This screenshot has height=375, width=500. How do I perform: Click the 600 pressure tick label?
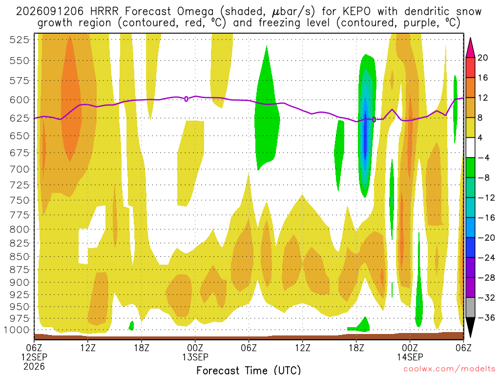click(x=19, y=100)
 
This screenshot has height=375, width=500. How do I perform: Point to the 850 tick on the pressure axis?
click(x=19, y=257)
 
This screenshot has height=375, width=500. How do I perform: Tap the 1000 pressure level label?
click(x=17, y=330)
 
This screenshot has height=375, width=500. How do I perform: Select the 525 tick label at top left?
click(x=19, y=40)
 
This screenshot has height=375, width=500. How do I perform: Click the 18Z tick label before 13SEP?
click(x=142, y=348)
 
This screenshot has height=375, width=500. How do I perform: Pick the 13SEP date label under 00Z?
click(x=195, y=357)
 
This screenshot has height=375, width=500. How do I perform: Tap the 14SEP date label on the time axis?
click(x=410, y=357)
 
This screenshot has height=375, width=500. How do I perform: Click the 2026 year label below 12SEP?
click(x=34, y=367)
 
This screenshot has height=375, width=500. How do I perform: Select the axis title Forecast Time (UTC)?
click(x=249, y=370)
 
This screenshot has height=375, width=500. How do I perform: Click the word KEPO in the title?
click(x=356, y=12)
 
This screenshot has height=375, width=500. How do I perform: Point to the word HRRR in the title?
click(x=104, y=12)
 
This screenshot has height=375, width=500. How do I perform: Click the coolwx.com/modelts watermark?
click(x=449, y=369)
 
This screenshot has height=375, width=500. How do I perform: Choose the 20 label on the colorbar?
click(x=482, y=58)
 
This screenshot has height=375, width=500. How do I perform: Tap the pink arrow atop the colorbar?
click(x=470, y=48)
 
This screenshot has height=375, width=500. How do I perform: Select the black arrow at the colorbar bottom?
click(x=470, y=327)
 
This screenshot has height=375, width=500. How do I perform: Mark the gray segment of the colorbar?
click(x=470, y=308)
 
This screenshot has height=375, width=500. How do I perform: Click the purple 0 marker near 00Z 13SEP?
click(x=186, y=99)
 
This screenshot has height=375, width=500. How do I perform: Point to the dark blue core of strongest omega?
click(x=365, y=136)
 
